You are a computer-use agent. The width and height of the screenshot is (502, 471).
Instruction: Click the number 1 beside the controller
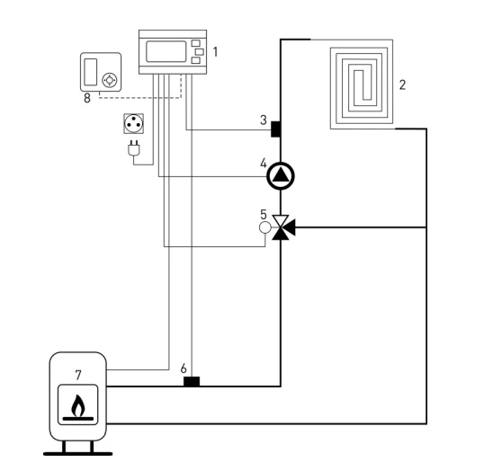pyautogui.click(x=215, y=52)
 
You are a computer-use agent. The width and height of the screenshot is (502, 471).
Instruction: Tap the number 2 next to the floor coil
pyautogui.click(x=402, y=84)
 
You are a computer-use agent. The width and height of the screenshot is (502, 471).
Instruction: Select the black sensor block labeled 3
pyautogui.click(x=275, y=129)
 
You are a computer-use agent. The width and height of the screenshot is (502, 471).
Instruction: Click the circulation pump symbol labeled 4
pyautogui.click(x=281, y=175)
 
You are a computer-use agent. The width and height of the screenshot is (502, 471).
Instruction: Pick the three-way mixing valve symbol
pyautogui.click(x=283, y=227)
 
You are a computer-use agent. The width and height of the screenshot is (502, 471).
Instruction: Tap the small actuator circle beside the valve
pyautogui.click(x=264, y=227)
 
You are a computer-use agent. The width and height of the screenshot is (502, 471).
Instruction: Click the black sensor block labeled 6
pyautogui.click(x=192, y=381)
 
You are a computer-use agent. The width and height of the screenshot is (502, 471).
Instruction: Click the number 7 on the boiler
pyautogui.click(x=78, y=376)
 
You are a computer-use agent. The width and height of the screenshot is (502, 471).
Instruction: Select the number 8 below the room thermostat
pyautogui.click(x=87, y=98)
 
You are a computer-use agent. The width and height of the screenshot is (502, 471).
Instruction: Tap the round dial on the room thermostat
pyautogui.click(x=110, y=80)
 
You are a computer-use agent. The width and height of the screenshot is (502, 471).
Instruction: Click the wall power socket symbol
pyautogui.click(x=133, y=123)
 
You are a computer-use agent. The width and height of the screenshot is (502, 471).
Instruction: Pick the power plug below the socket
pyautogui.click(x=134, y=148)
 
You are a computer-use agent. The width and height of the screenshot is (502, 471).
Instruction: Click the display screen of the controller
pyautogui.click(x=166, y=51)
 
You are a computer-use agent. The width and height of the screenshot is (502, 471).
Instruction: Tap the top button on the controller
pyautogui.click(x=195, y=43)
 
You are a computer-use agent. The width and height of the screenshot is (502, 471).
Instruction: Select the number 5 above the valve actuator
pyautogui.click(x=264, y=215)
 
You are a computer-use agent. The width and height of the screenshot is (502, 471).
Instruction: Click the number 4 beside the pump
pyautogui.click(x=264, y=164)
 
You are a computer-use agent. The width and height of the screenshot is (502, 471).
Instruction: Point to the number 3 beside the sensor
pyautogui.click(x=264, y=120)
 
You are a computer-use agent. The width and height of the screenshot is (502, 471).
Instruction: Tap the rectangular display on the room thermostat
pyautogui.click(x=91, y=72)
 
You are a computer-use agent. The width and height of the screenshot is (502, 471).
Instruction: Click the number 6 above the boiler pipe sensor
pyautogui.click(x=184, y=369)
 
